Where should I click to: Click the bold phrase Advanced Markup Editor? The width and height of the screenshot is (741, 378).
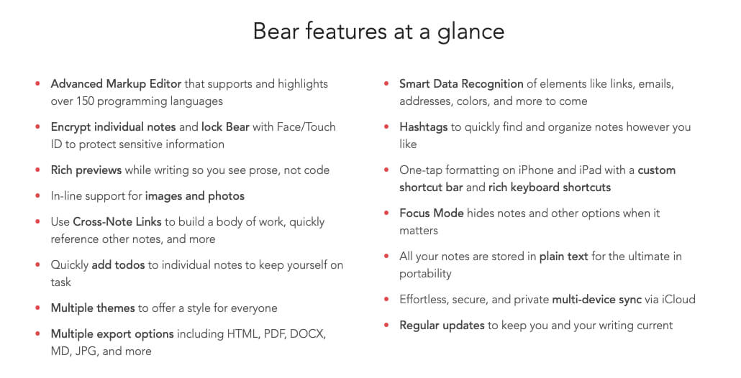pyautogui.click(x=116, y=84)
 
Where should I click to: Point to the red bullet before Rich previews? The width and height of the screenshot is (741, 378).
pyautogui.click(x=38, y=170)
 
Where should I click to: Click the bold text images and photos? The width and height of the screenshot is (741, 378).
pyautogui.click(x=195, y=196)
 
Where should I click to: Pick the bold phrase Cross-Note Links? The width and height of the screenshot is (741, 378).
pyautogui.click(x=117, y=222)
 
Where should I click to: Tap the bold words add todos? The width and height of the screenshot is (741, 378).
pyautogui.click(x=118, y=265)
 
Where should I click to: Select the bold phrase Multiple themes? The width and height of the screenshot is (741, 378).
pyautogui.click(x=93, y=308)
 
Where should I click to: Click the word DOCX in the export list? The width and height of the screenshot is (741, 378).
pyautogui.click(x=308, y=334)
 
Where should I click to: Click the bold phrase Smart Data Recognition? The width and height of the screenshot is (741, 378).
pyautogui.click(x=461, y=84)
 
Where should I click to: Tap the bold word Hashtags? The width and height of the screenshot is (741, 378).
pyautogui.click(x=424, y=127)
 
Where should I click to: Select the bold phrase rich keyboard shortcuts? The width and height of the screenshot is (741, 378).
pyautogui.click(x=550, y=188)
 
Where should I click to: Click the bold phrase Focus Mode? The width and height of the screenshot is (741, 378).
pyautogui.click(x=432, y=213)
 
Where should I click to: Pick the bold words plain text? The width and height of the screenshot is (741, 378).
pyautogui.click(x=564, y=257)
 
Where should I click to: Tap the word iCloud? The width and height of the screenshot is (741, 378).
pyautogui.click(x=678, y=300)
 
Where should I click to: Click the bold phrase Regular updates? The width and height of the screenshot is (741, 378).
pyautogui.click(x=442, y=326)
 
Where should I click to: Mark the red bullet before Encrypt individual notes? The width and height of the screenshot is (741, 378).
pyautogui.click(x=38, y=127)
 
